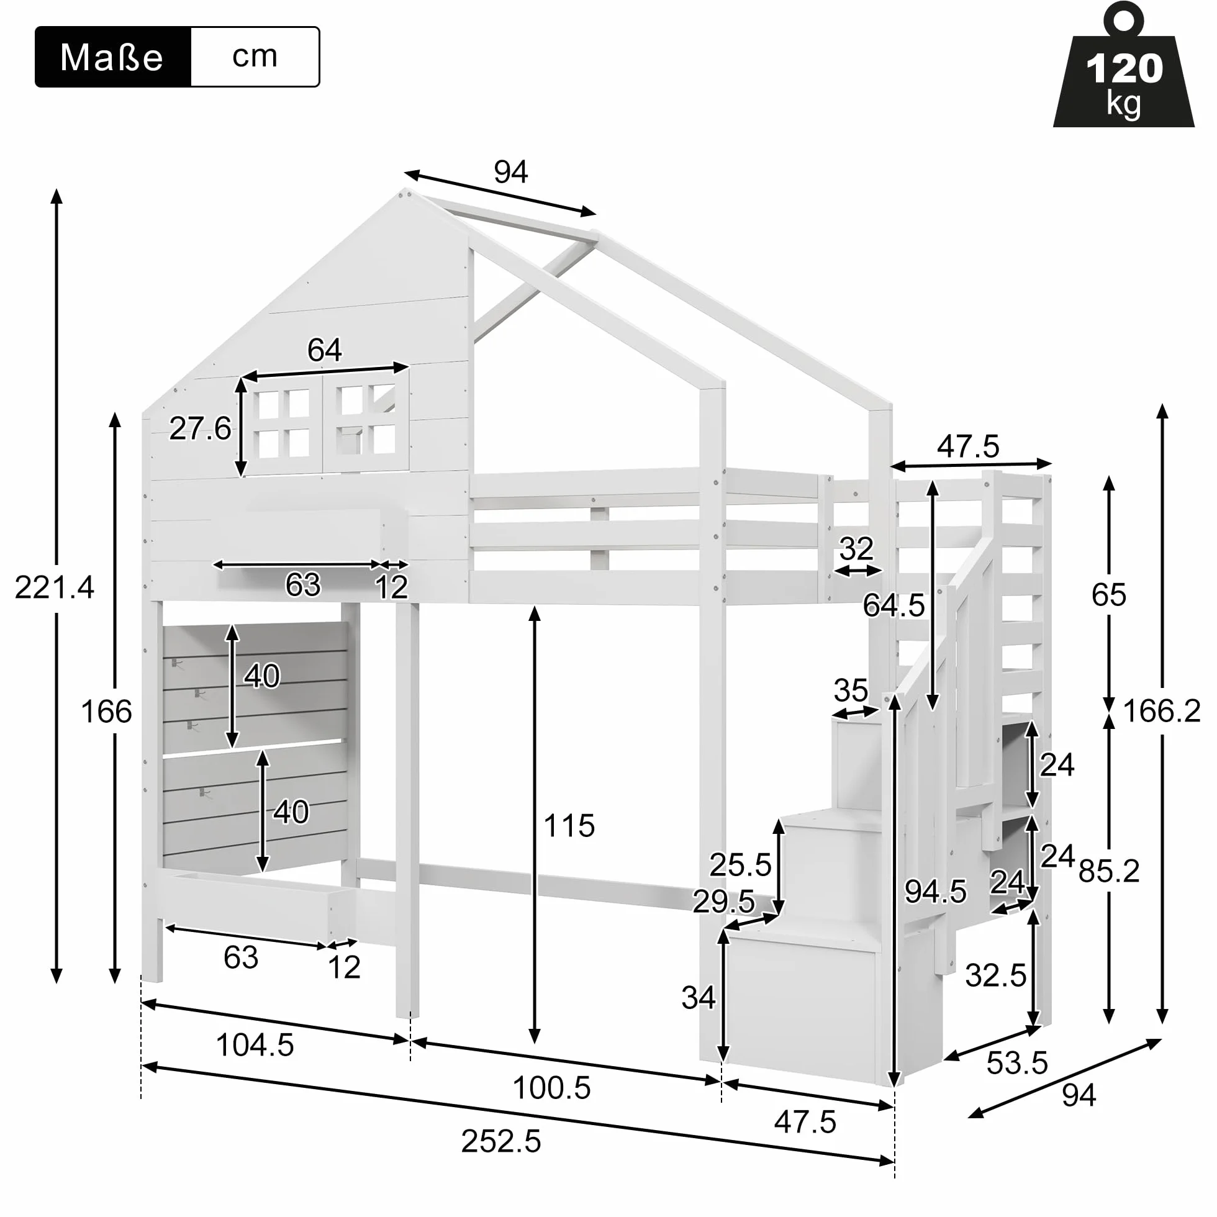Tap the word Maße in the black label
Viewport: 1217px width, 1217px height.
(112, 57)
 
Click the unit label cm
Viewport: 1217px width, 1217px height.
(255, 56)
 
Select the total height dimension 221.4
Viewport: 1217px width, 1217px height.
(55, 588)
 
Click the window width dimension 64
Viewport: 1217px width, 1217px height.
(324, 350)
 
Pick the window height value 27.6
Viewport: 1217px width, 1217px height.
(201, 429)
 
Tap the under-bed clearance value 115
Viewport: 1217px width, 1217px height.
(569, 825)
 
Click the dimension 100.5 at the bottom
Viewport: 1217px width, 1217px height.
(552, 1088)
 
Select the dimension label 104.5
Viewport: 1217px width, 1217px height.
(255, 1045)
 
